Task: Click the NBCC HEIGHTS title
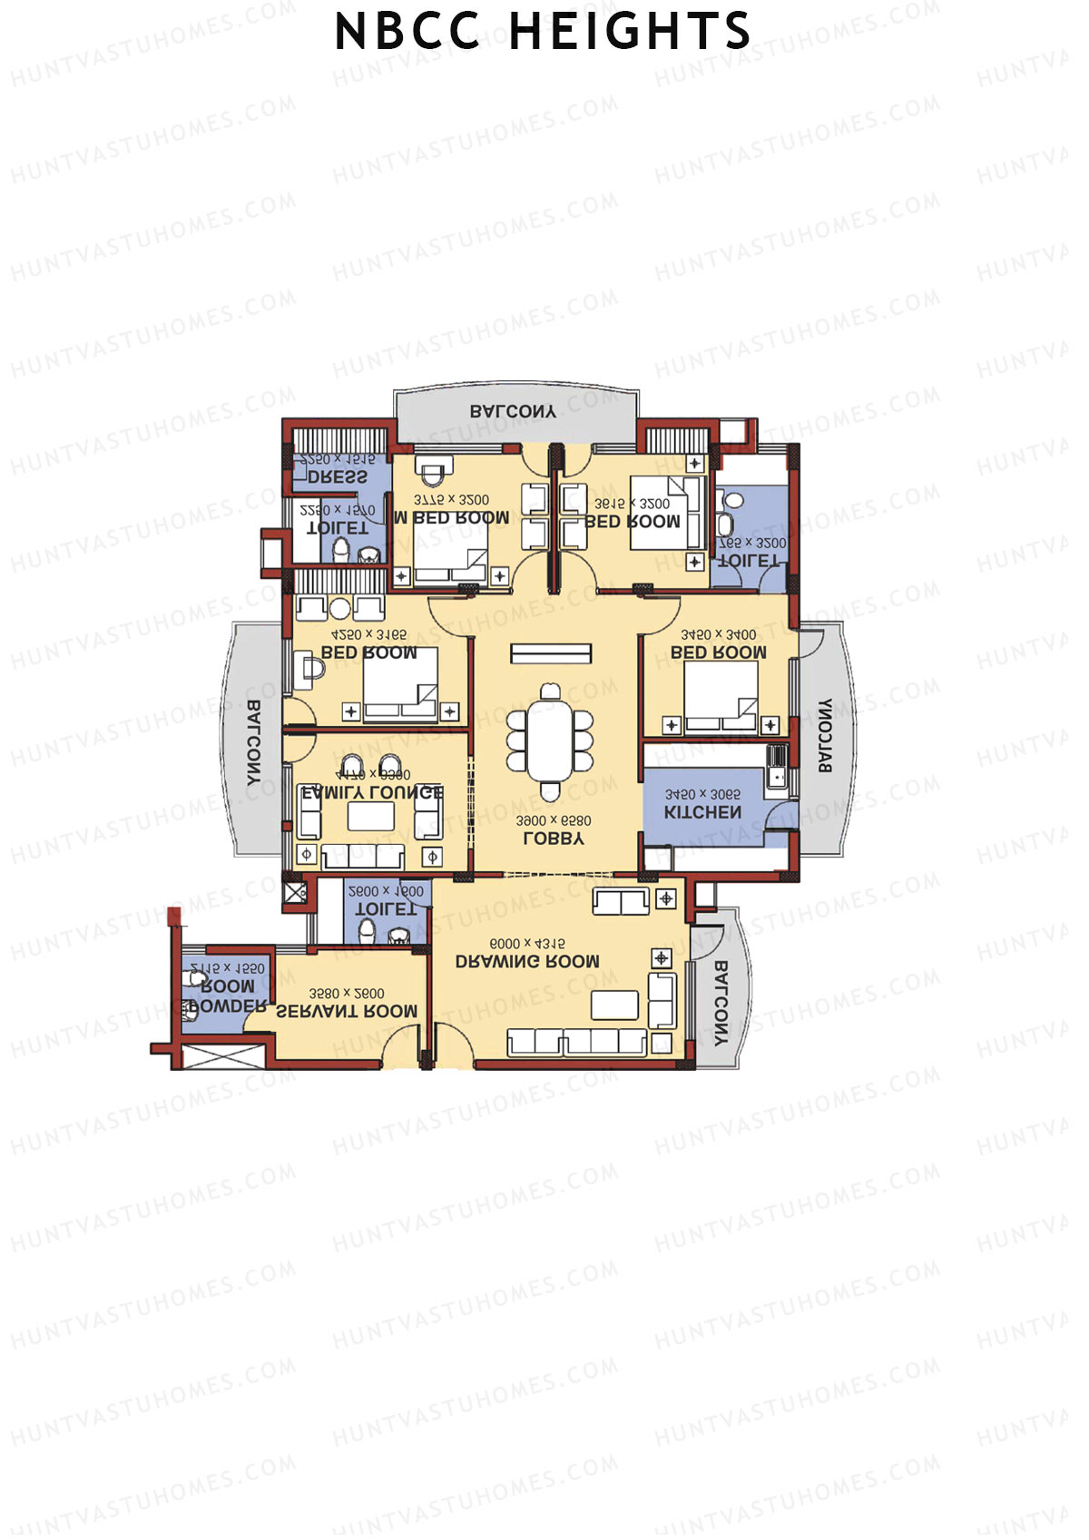543,32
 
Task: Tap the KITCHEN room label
702,812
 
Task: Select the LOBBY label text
554,839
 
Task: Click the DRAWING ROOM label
527,961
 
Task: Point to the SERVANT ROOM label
347,1011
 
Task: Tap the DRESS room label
338,476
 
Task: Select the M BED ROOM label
451,518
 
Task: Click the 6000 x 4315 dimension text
527,944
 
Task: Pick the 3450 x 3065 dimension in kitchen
702,795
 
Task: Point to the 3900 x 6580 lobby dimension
554,821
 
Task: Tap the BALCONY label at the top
513,411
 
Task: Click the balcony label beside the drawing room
721,1003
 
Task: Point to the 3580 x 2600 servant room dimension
347,994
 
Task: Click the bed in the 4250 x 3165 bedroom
400,685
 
